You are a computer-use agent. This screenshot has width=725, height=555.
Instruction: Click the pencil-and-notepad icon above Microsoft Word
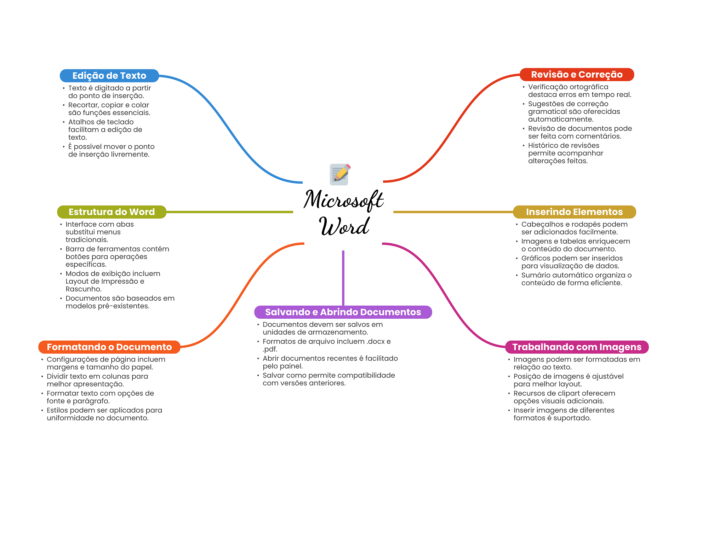coord(340,174)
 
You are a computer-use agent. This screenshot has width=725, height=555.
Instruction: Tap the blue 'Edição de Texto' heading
coord(109,76)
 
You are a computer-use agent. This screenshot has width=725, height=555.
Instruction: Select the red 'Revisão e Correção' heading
coord(576,75)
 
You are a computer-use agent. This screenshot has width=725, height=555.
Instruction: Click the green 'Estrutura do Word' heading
coord(112,212)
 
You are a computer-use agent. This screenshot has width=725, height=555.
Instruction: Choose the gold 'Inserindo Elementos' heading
coord(574,212)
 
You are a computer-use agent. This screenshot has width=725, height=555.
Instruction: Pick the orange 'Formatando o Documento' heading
coord(109,347)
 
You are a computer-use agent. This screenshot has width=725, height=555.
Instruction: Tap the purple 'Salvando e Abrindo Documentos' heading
coord(343,312)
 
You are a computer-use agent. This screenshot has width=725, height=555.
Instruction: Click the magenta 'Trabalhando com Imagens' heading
coord(576,347)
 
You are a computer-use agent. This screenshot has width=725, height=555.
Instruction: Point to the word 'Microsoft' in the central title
coord(343,200)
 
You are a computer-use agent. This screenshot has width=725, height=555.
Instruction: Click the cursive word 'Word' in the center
coord(344,226)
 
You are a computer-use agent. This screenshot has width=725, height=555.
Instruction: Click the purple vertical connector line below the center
coord(343,278)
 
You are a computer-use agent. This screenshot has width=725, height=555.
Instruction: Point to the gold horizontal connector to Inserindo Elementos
coord(453,212)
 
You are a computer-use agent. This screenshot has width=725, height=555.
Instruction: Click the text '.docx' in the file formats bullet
coord(376,342)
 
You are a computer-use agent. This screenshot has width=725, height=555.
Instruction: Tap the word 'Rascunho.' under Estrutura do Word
coord(84,289)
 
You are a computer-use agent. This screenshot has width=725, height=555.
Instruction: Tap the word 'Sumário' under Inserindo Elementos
coord(535,275)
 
